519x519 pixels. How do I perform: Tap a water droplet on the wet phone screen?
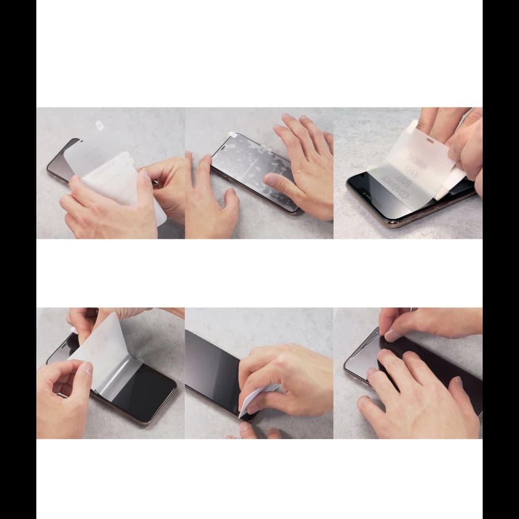coord(244,156)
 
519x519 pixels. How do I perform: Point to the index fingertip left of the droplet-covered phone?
coord(203,158)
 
